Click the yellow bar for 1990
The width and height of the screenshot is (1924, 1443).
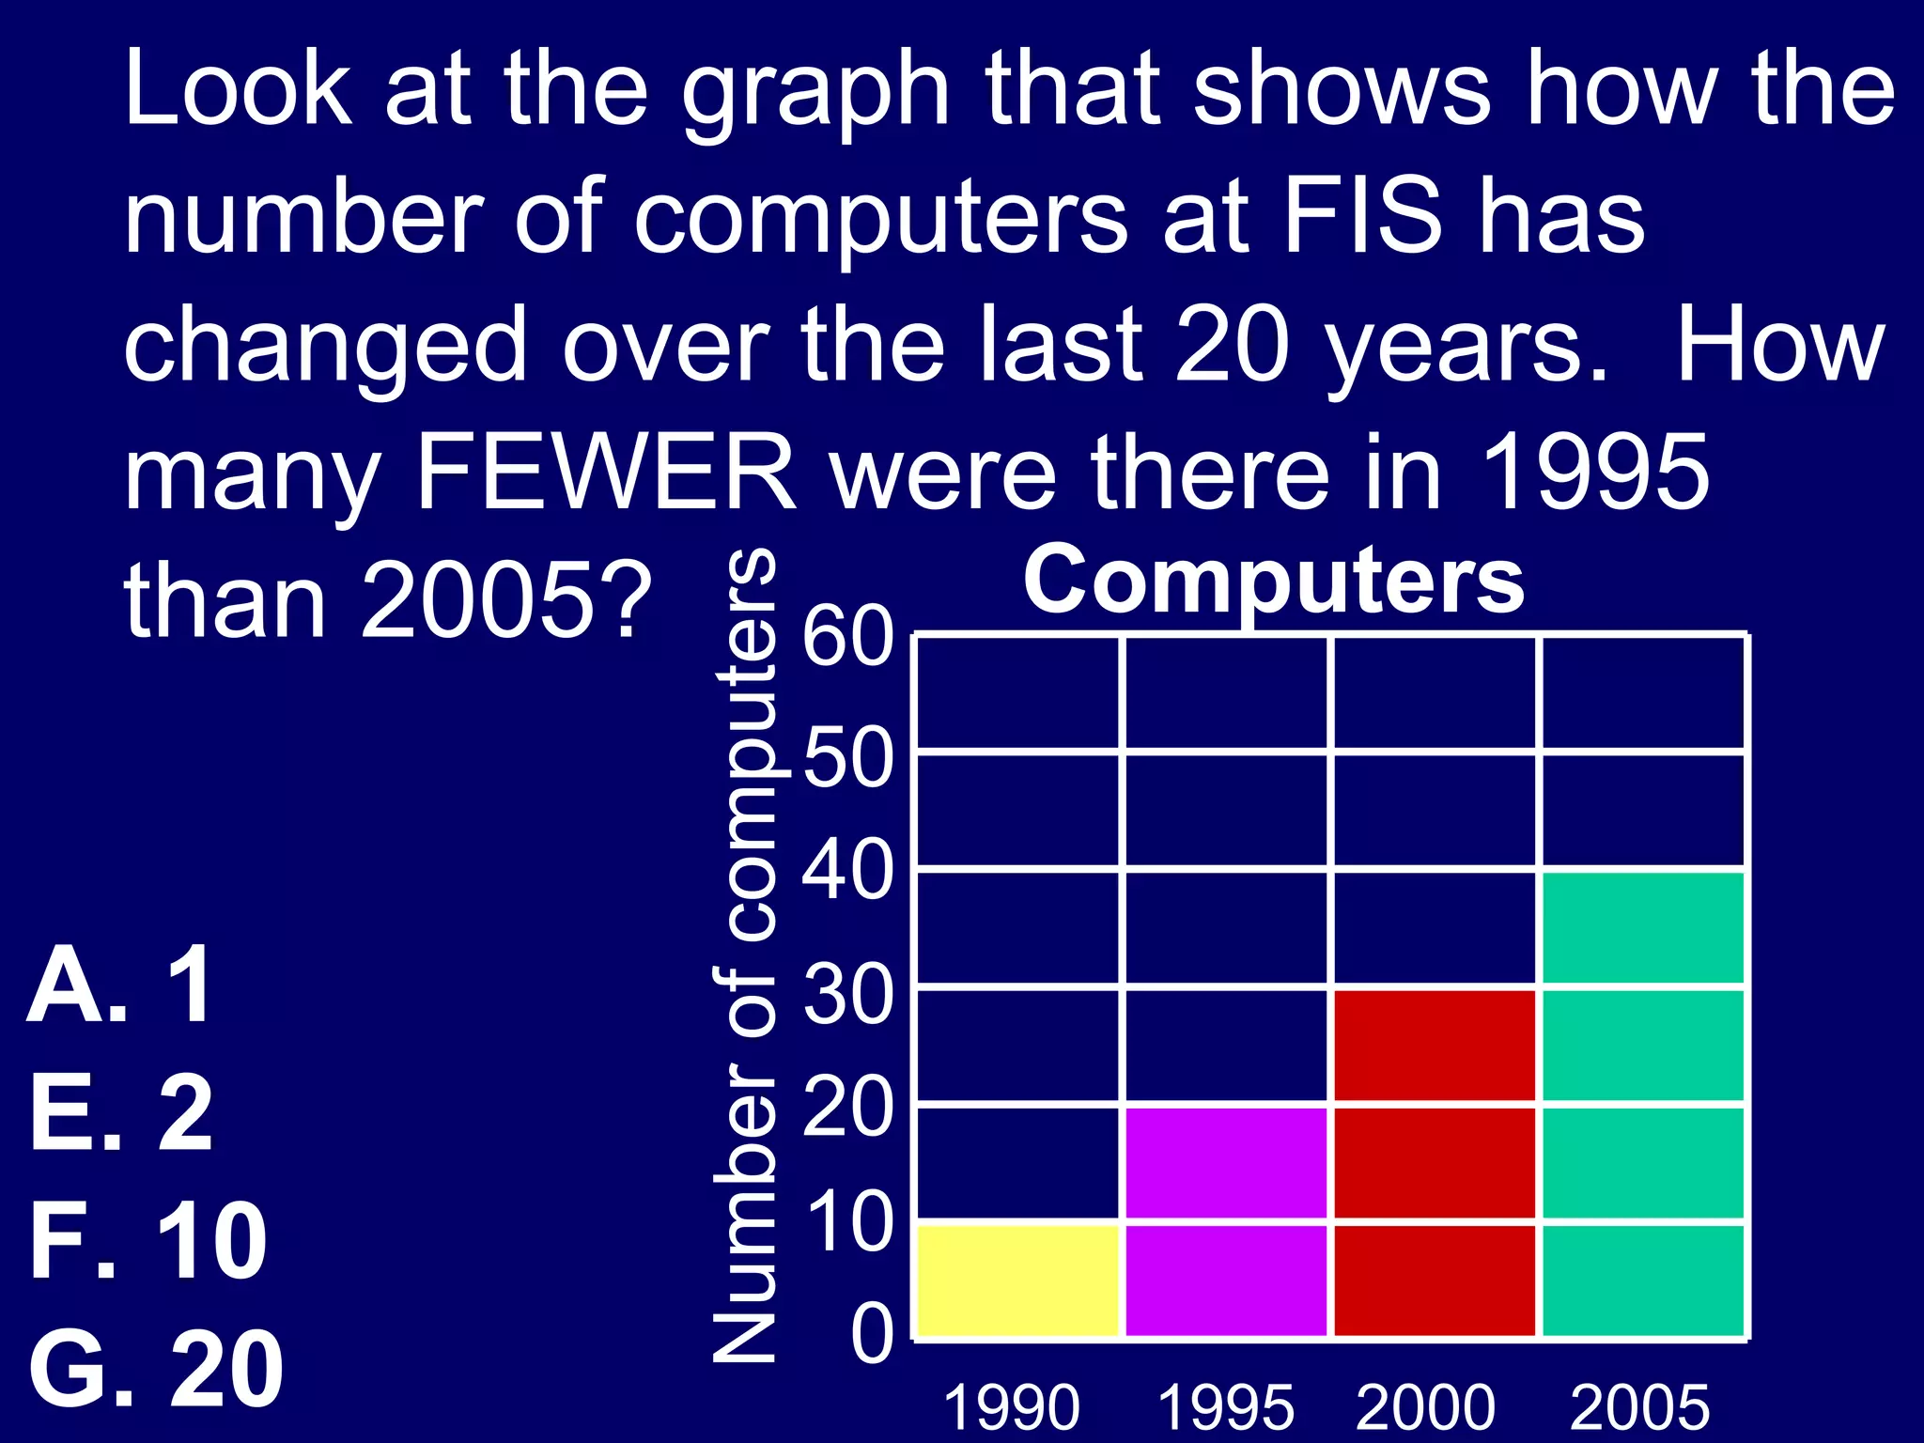pyautogui.click(x=1018, y=1280)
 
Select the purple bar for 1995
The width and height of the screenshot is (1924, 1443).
pyautogui.click(x=1227, y=1221)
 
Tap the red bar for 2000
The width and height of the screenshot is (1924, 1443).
pyautogui.click(x=1435, y=1163)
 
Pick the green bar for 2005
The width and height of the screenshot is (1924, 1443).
pyautogui.click(x=1644, y=1104)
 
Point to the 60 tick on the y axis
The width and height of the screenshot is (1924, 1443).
pyautogui.click(x=847, y=638)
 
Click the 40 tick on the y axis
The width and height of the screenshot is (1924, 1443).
pyautogui.click(x=847, y=871)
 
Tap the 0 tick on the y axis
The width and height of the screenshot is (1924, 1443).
pyautogui.click(x=872, y=1335)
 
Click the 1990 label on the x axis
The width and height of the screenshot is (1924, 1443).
pyautogui.click(x=1011, y=1408)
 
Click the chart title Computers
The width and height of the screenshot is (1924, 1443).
pyautogui.click(x=1274, y=580)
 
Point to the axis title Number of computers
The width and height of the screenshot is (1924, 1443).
pyautogui.click(x=744, y=954)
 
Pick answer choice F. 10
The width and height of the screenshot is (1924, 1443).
pyautogui.click(x=148, y=1242)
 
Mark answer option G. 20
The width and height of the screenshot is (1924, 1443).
pyautogui.click(x=156, y=1370)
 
